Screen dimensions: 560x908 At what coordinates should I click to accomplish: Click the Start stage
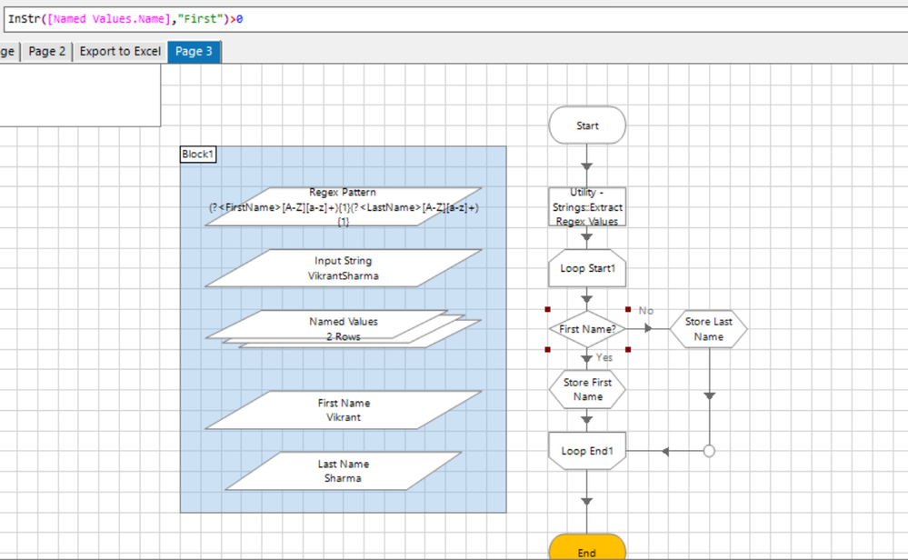tap(587, 125)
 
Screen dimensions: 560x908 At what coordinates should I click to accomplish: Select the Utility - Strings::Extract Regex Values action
tap(587, 207)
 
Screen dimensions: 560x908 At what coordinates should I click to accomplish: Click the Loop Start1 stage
tap(587, 269)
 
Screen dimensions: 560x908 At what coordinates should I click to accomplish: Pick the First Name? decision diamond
tap(587, 329)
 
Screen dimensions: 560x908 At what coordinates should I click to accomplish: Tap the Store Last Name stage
tap(709, 329)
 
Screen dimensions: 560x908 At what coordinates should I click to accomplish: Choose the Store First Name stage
tap(587, 389)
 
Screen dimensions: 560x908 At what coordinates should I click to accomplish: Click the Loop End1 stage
tap(587, 451)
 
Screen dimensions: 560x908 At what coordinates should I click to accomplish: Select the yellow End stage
tap(587, 549)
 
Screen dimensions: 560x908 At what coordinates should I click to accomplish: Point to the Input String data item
tap(343, 268)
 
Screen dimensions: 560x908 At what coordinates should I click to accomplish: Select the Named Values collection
tap(343, 328)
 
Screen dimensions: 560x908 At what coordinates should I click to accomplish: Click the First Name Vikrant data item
tap(343, 410)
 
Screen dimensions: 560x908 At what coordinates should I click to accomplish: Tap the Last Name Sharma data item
tap(343, 471)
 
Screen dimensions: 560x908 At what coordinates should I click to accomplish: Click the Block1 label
tap(198, 155)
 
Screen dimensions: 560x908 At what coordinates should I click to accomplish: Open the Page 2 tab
tap(47, 52)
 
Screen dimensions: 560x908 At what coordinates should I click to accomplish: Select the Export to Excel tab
tap(120, 52)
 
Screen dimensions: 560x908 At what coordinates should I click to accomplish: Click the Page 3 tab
tap(194, 52)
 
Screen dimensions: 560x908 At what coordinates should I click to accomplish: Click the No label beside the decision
tap(646, 311)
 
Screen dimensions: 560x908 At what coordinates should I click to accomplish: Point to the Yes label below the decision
tap(604, 358)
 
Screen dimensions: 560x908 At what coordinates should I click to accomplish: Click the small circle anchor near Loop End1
tap(709, 451)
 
